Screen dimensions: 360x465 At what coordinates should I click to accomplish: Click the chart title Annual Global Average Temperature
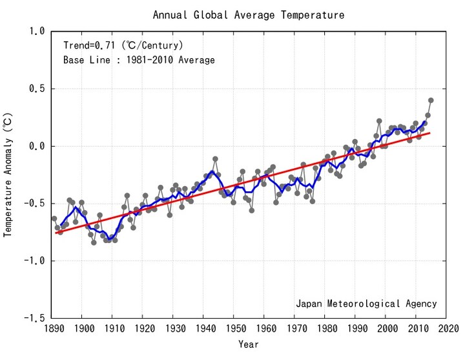click(x=249, y=15)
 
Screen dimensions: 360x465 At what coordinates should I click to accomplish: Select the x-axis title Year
click(x=249, y=344)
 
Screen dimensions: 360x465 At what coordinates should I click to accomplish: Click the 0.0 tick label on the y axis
click(x=37, y=146)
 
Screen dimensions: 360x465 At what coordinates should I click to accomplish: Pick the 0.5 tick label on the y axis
click(x=37, y=89)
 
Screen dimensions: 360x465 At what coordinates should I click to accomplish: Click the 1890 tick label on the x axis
click(x=53, y=329)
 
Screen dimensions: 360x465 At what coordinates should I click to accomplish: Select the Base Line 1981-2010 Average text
click(x=139, y=60)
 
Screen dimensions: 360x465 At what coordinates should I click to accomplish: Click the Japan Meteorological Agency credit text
click(x=366, y=303)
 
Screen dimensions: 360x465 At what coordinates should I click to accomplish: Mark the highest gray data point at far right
click(x=431, y=100)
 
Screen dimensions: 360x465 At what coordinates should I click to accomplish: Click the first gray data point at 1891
click(x=54, y=218)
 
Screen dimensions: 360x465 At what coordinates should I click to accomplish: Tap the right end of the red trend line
click(x=430, y=133)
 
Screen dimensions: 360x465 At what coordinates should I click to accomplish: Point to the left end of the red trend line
click(x=58, y=232)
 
